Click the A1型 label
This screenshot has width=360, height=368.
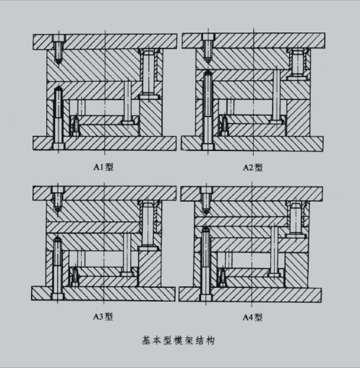pyautogui.click(x=103, y=167)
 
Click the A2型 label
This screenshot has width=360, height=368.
pyautogui.click(x=252, y=167)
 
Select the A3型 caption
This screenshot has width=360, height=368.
pyautogui.click(x=103, y=317)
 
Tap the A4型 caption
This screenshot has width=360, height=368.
pyautogui.click(x=252, y=317)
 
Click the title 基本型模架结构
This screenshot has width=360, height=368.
pyautogui.click(x=178, y=341)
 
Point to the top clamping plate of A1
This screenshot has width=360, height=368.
pyautogui.click(x=105, y=42)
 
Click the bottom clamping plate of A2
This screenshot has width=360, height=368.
pyautogui.click(x=252, y=144)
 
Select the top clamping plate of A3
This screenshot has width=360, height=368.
pyautogui.click(x=104, y=193)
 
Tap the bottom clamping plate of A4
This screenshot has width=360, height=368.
pyautogui.click(x=250, y=295)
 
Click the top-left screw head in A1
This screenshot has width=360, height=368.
pyautogui.click(x=59, y=38)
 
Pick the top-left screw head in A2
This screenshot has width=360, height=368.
pyautogui.click(x=208, y=37)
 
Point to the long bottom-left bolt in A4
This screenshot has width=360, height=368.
pyautogui.click(x=205, y=264)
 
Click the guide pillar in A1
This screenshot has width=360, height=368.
pyautogui.click(x=149, y=74)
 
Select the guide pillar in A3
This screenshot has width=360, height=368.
pyautogui.click(x=147, y=226)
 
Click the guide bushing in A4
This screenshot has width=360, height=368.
pyautogui.click(x=296, y=219)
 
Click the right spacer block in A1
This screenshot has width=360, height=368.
pyautogui.click(x=151, y=117)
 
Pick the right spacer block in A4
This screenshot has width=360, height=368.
pyautogui.click(x=296, y=270)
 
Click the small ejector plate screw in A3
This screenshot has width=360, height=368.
pyautogui.click(x=75, y=276)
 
